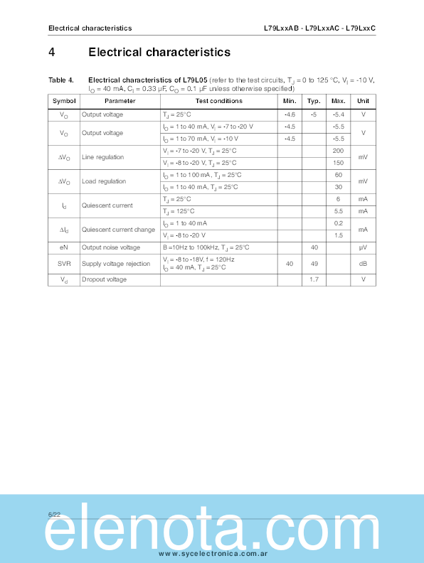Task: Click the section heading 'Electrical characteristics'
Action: click(x=159, y=52)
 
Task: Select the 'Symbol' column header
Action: click(x=64, y=102)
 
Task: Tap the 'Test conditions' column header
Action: click(x=219, y=102)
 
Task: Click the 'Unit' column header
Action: click(x=363, y=102)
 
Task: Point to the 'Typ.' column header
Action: click(x=314, y=102)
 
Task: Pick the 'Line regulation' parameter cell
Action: click(x=102, y=157)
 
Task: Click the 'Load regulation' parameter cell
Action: click(x=103, y=181)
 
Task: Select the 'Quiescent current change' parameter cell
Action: click(x=118, y=230)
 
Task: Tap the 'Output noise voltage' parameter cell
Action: click(x=110, y=247)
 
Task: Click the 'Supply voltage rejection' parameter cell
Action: click(x=116, y=264)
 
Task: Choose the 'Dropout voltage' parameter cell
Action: click(x=104, y=279)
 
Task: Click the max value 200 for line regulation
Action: click(x=339, y=151)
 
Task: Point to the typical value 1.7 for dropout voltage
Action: click(x=314, y=279)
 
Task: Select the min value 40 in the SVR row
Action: click(x=290, y=264)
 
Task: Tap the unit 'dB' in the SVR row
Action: click(x=363, y=264)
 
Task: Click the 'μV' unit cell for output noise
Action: click(x=363, y=247)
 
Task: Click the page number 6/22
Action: click(x=55, y=513)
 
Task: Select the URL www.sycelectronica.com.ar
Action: click(x=212, y=553)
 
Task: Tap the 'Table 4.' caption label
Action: click(x=61, y=80)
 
